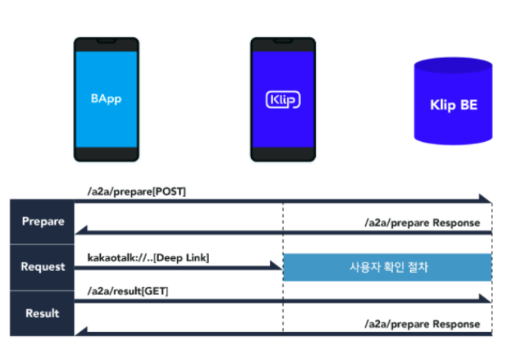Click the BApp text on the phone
point(106,99)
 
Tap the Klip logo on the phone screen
point(283,100)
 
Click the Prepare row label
point(42,222)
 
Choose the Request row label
point(42,267)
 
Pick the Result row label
point(42,313)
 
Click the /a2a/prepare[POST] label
point(136,192)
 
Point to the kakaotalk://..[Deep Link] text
point(148,258)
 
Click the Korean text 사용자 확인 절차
point(388,268)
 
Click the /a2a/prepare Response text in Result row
point(422,324)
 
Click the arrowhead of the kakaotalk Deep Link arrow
point(277,266)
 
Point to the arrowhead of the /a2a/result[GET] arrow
point(486,298)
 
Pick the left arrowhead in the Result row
point(80,331)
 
